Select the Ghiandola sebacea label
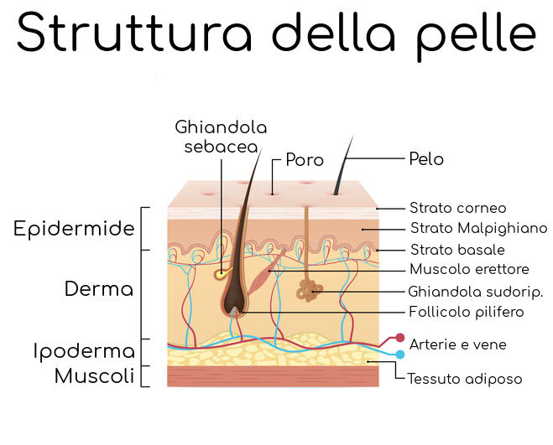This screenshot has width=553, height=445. tap(221, 137)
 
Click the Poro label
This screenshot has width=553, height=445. tap(305, 159)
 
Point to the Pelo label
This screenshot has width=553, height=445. tap(425, 158)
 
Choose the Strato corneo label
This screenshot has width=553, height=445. tap(457, 208)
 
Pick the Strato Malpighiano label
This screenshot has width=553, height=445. tap(478, 228)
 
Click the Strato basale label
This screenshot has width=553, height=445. tap(456, 250)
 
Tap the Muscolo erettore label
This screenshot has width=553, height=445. tap(469, 270)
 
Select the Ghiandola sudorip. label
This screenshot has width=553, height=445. tap(475, 292)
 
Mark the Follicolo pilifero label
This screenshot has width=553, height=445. tap(466, 313)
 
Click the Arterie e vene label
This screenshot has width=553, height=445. tap(457, 344)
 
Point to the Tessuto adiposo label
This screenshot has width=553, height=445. tap(464, 379)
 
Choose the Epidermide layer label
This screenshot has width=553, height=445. tap(74, 229)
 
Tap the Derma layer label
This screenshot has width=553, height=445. tap(99, 290)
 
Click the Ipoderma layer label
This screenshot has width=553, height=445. tap(84, 351)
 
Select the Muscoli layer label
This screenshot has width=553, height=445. tap(94, 376)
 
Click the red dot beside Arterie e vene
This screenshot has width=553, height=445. tap(389, 339)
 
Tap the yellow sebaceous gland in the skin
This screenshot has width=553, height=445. tap(221, 273)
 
